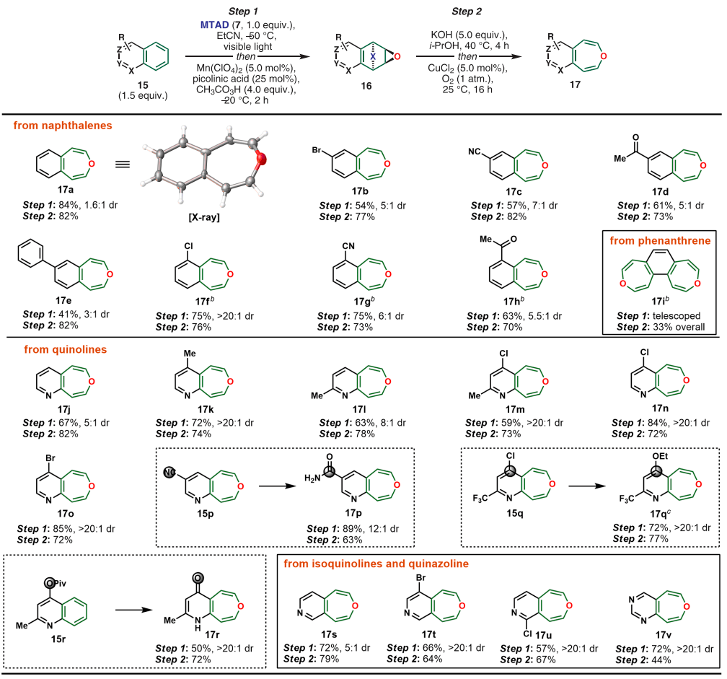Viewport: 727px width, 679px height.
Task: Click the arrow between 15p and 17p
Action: tap(270, 486)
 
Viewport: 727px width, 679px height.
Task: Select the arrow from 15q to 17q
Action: tap(587, 486)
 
